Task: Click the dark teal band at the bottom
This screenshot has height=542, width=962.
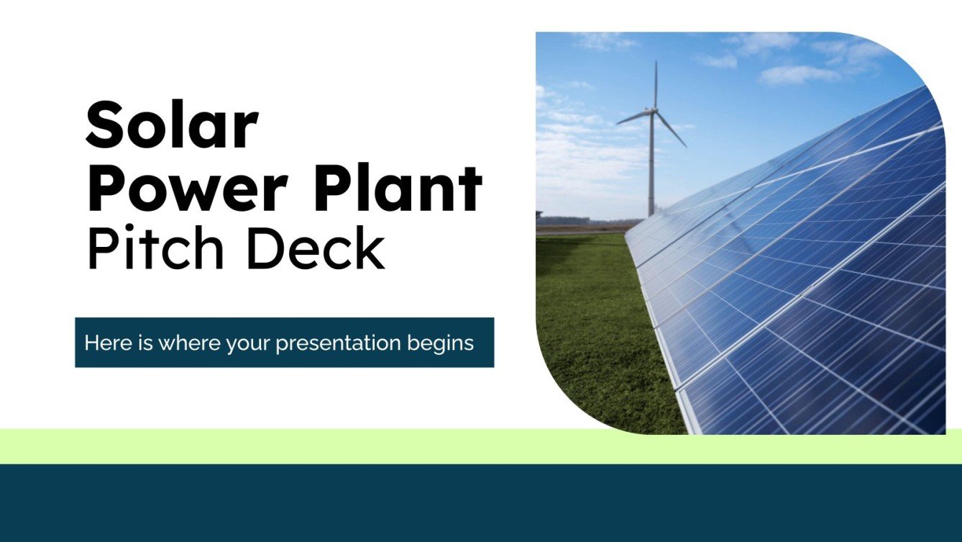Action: coord(480,504)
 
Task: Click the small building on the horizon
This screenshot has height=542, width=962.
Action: coord(539,214)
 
